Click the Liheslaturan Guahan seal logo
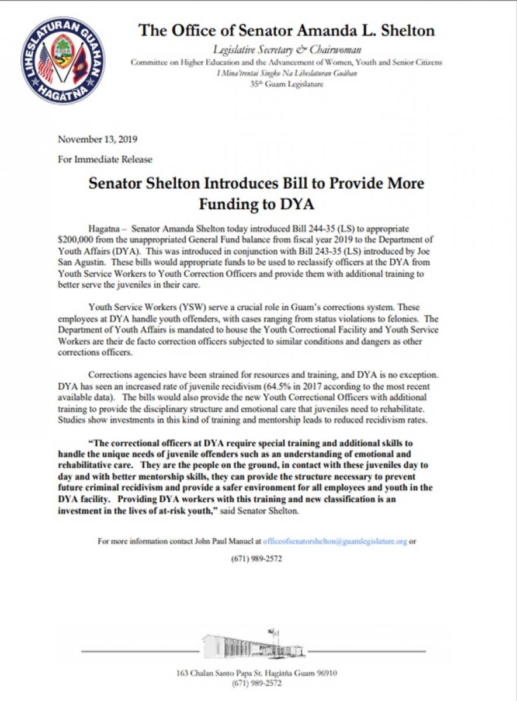[x=63, y=60]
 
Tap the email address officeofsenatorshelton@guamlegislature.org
[x=335, y=542]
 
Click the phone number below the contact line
[x=258, y=558]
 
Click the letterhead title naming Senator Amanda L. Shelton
[x=286, y=30]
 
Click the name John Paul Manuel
[x=230, y=542]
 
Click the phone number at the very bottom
[x=257, y=683]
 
